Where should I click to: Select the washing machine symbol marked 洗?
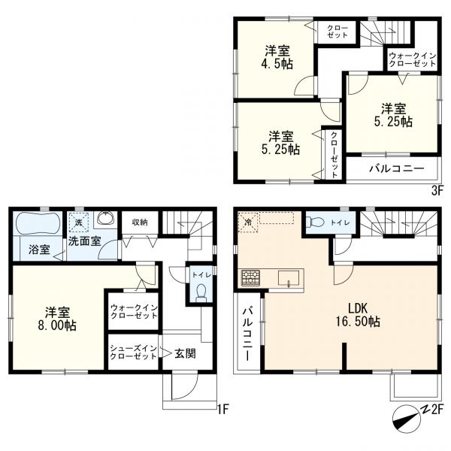[78, 222]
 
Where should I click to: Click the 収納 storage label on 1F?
[140, 222]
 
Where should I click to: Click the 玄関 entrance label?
[186, 353]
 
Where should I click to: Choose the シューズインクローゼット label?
[134, 353]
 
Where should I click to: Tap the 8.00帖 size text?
[57, 325]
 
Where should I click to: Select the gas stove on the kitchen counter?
[250, 278]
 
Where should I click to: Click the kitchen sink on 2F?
[289, 278]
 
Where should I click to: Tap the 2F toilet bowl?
[315, 222]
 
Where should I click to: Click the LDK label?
[358, 309]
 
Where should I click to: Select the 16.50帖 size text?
[358, 322]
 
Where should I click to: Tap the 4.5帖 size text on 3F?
[277, 64]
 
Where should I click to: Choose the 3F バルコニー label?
[397, 168]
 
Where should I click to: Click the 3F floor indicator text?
[437, 190]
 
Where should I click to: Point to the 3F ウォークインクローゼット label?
[413, 60]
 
